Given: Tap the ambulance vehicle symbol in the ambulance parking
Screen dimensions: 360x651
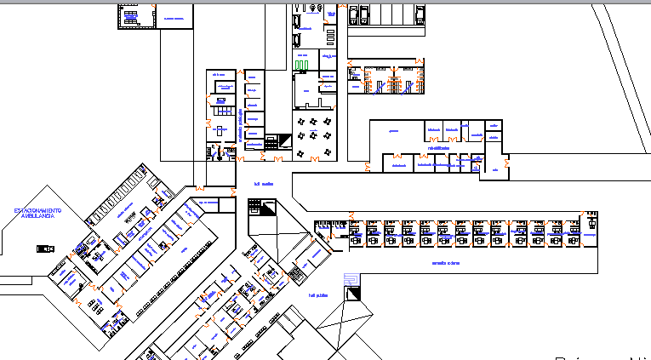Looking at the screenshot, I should coord(45,249).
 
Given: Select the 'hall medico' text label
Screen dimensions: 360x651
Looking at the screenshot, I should coord(266,185).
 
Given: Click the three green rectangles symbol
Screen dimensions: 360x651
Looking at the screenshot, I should coord(302,64).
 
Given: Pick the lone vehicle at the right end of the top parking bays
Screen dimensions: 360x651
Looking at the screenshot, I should coord(419,12).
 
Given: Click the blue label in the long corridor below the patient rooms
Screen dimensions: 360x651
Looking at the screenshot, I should coord(445,263).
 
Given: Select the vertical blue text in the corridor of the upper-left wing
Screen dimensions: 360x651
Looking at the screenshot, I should coord(241,123).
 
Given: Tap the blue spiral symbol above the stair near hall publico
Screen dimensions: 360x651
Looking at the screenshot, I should coord(349,279).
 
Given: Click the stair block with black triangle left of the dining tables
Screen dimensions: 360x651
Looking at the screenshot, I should coord(272,140).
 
